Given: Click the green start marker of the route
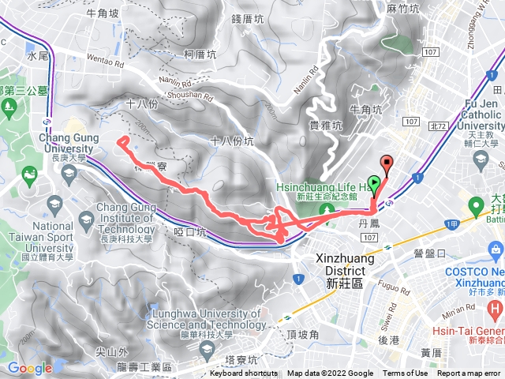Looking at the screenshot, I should coord(374,181).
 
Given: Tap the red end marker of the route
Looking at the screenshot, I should coord(387,163).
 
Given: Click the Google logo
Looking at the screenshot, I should coord(29,368).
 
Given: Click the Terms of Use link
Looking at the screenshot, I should coord(406,373).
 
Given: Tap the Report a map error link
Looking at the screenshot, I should coord(469,373).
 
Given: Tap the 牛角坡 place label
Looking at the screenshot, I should coord(103,13).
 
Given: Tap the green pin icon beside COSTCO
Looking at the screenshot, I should coord(476,207).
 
